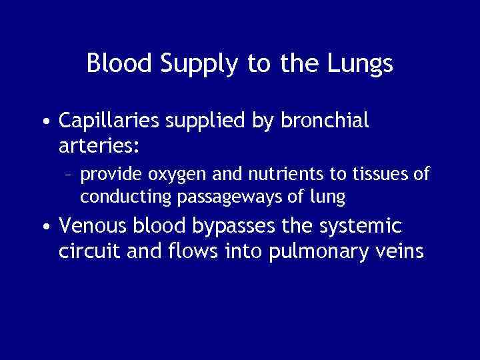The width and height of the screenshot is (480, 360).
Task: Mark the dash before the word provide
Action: click(69, 175)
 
